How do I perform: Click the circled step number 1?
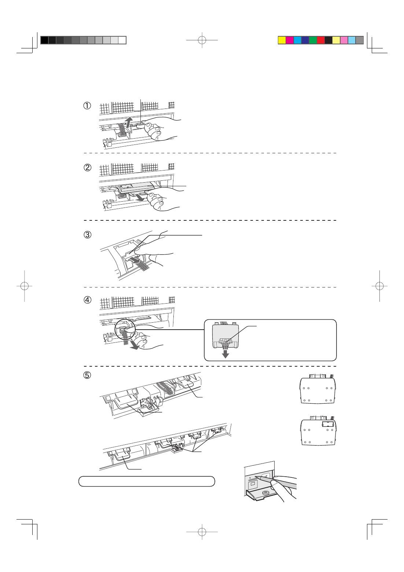87,106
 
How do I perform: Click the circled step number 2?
87,168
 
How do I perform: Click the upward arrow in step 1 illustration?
127,122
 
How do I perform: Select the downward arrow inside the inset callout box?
226,354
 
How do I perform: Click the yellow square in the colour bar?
282,40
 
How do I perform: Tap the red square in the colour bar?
321,40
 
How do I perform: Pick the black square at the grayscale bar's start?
44,40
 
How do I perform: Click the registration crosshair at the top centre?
202,40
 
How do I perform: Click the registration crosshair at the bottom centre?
202,532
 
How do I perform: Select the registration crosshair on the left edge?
24,286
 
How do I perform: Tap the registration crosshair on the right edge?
380,286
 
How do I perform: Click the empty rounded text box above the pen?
147,481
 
